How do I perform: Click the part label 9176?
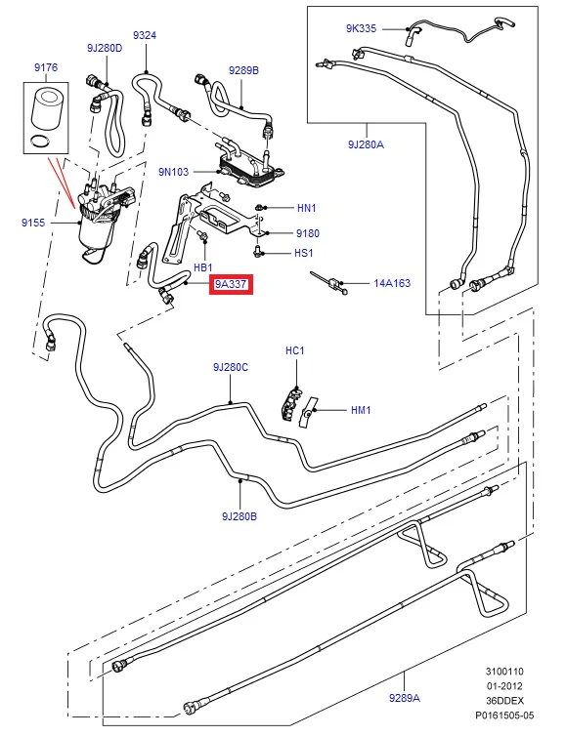click(x=46, y=67)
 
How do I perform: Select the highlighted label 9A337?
click(x=231, y=284)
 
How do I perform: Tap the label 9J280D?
click(x=105, y=48)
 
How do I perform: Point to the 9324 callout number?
click(x=145, y=35)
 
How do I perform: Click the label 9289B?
click(x=244, y=70)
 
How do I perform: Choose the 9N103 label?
click(x=173, y=172)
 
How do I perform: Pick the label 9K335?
click(x=361, y=28)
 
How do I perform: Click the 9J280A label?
click(x=366, y=144)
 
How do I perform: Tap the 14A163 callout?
click(x=392, y=283)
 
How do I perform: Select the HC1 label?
click(x=295, y=350)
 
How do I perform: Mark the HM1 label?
click(x=361, y=410)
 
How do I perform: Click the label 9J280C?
click(x=231, y=367)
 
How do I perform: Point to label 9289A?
click(x=405, y=698)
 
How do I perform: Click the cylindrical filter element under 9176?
click(x=46, y=110)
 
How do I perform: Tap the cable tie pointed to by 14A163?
click(x=329, y=282)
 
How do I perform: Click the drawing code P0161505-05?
click(x=504, y=716)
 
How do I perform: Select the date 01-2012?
click(x=504, y=686)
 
